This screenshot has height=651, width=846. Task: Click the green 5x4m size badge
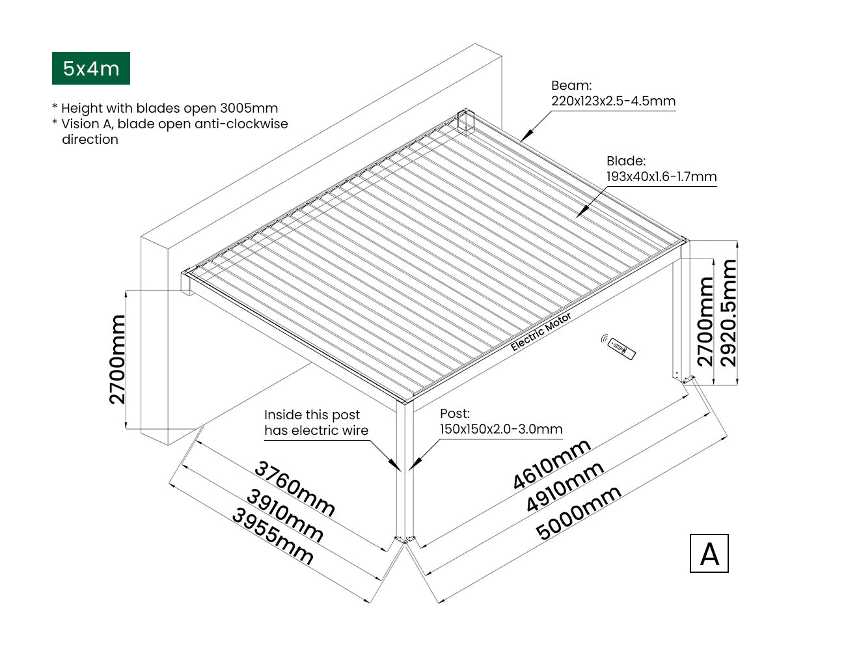[x=91, y=68]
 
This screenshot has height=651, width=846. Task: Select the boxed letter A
[x=709, y=553]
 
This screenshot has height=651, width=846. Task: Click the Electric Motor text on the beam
[x=541, y=331]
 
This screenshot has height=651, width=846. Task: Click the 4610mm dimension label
[x=552, y=464]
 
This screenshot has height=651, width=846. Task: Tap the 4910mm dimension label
[x=565, y=486]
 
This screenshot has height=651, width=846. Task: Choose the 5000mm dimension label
[x=579, y=513]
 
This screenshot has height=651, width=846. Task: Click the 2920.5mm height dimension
[x=729, y=312]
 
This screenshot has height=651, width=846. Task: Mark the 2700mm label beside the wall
[x=118, y=359]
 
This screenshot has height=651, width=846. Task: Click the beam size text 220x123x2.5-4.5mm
[x=613, y=102]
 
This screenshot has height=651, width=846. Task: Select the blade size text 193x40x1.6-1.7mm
[x=661, y=176]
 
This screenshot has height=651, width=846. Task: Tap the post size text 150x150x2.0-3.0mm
[x=501, y=429]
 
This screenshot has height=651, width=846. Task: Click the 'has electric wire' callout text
[x=316, y=430]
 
